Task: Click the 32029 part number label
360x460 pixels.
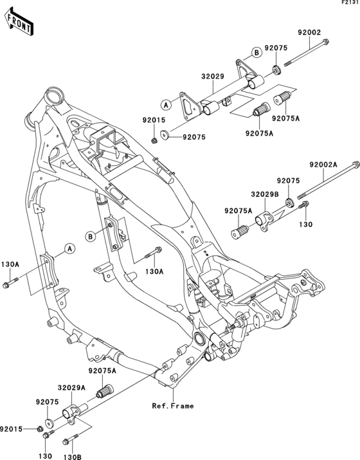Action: click(211, 76)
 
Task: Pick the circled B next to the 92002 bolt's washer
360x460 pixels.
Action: click(255, 51)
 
